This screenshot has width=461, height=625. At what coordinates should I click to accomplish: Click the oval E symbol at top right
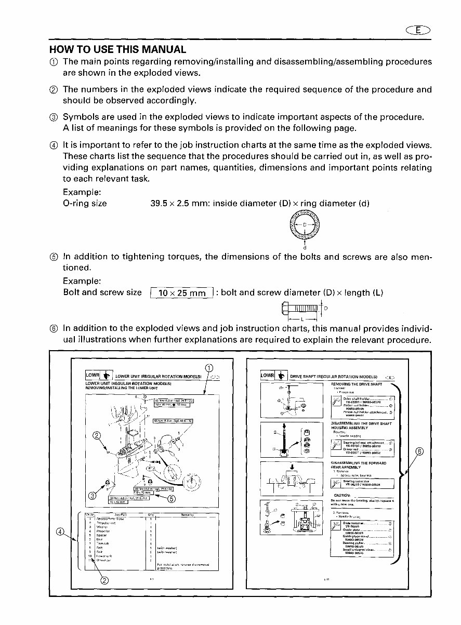[418, 31]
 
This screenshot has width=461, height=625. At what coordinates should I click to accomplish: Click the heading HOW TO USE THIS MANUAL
[117, 50]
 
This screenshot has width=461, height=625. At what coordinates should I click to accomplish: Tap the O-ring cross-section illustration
[304, 227]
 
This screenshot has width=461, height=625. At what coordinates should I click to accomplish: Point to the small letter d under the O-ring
[304, 247]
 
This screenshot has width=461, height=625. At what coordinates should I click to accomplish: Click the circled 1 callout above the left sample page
[209, 368]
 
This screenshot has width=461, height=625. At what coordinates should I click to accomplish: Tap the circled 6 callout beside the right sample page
[419, 450]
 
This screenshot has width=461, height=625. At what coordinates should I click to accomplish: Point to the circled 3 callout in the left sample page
[92, 495]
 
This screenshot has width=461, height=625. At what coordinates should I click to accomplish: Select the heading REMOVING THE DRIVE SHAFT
[357, 384]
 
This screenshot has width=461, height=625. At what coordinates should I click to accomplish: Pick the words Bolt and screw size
[102, 292]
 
